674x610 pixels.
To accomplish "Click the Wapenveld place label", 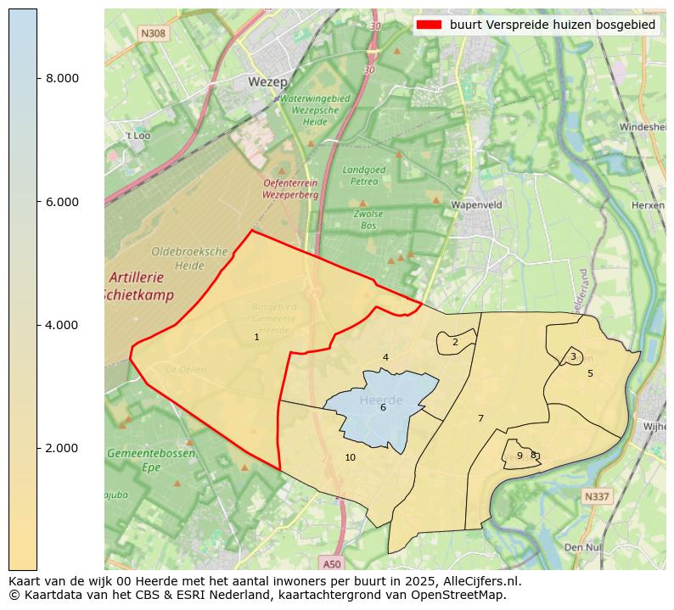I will point(477,205).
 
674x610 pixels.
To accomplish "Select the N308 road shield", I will point(154,33).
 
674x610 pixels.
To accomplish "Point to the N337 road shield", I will point(597,495).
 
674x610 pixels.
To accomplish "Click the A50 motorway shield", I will point(332,562).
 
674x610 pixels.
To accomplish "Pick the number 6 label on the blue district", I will point(383,408).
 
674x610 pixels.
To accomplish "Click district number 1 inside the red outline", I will point(256,338).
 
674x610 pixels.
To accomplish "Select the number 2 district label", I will point(455,343).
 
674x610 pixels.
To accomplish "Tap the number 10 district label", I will point(350,458).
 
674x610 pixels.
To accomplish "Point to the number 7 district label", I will point(480,418).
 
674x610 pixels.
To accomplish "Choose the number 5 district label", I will point(590,373).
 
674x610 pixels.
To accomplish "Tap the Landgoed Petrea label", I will point(364,175).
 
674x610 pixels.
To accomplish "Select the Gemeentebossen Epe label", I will point(151,460).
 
